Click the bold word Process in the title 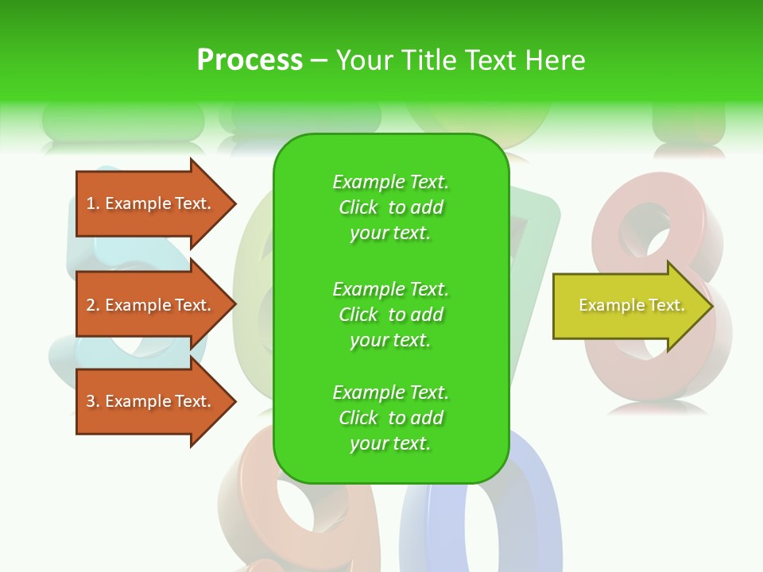(250, 60)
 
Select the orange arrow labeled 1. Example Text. (151, 203)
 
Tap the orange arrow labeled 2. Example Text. (151, 305)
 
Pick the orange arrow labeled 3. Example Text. (151, 401)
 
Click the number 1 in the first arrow (90, 203)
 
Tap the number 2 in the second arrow (90, 305)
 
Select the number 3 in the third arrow (90, 401)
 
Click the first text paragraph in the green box (390, 207)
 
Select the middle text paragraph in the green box (390, 314)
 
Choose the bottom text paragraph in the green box (390, 418)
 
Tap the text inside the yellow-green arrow (631, 305)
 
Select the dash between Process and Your (319, 60)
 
